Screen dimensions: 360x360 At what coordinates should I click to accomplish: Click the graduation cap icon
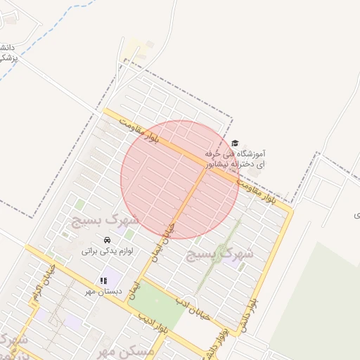(x=235, y=143)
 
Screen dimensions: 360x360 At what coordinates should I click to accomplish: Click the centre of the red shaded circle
(x=180, y=179)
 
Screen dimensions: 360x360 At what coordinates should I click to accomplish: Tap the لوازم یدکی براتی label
(x=107, y=250)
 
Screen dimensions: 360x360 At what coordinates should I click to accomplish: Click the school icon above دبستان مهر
(x=103, y=281)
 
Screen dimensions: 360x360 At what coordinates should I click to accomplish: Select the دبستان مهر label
(x=103, y=290)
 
